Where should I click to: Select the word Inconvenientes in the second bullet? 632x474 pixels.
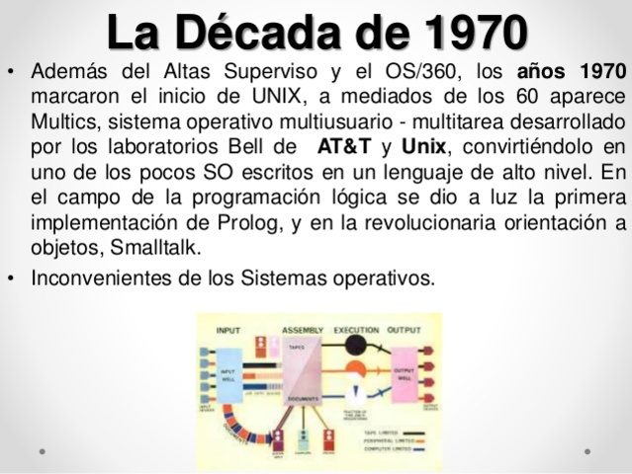click(100, 278)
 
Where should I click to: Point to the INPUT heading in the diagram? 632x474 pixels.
click(227, 330)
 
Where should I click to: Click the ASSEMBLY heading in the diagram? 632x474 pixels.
click(304, 330)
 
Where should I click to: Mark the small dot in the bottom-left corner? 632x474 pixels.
click(42, 449)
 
